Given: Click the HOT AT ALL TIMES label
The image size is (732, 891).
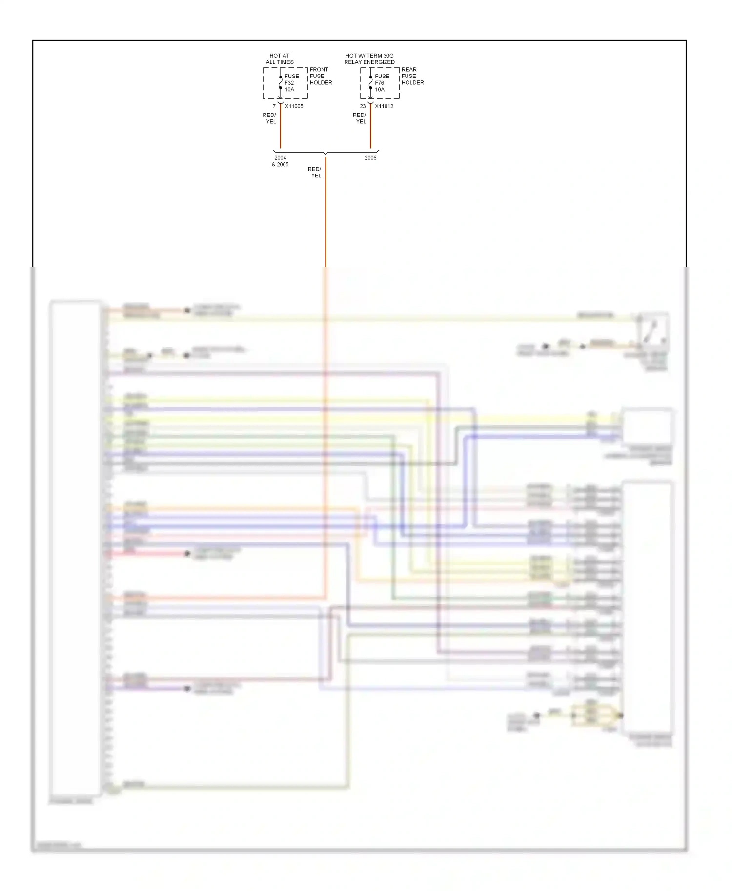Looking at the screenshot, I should [x=280, y=59].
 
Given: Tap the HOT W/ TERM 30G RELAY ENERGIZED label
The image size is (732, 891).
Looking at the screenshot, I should [x=369, y=59].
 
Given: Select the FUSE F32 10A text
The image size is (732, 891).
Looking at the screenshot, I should [x=291, y=83].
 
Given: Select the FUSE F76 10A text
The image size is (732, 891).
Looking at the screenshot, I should [x=382, y=83].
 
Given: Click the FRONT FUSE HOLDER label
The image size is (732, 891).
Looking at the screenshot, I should [x=321, y=76].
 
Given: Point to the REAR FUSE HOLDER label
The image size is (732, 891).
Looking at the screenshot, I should [x=412, y=76].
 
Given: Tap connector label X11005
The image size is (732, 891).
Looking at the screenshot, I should [x=294, y=106].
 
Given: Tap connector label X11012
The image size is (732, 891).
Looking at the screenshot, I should [x=384, y=106].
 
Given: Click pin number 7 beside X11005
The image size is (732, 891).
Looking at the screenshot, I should [x=274, y=106].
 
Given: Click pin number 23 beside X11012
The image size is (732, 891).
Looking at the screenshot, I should [x=363, y=106].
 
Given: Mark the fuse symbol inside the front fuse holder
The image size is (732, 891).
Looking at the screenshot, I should [x=281, y=83].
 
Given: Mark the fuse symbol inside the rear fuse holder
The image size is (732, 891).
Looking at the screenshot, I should [x=370, y=83].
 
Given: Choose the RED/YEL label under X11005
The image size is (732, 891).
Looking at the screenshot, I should [x=270, y=118].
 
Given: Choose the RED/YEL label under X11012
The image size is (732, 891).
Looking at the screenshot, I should [x=360, y=118].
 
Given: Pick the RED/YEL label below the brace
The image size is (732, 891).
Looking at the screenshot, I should [x=315, y=173].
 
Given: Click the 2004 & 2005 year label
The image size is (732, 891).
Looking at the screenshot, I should [x=280, y=161].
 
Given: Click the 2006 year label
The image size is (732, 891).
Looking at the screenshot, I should [x=370, y=158].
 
